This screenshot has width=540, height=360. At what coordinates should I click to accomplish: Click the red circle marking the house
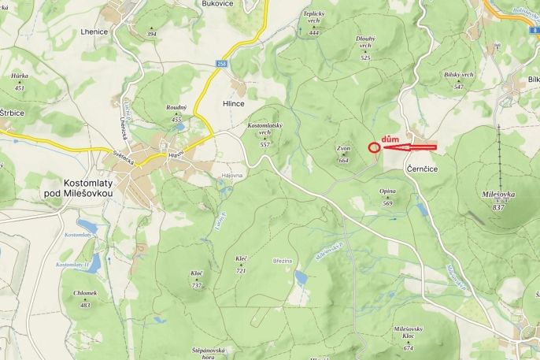[375, 147]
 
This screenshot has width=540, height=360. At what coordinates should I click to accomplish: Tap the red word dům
[390, 139]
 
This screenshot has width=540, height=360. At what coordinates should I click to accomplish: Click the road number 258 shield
[224, 65]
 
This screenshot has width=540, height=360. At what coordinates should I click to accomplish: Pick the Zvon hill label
[343, 148]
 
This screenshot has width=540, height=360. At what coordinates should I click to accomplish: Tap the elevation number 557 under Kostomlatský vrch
[264, 145]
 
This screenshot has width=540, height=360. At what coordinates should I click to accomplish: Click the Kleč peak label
[241, 258]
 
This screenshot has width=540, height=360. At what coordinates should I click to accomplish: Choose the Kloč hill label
[197, 273]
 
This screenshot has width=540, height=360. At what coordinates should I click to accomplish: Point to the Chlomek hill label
[85, 293]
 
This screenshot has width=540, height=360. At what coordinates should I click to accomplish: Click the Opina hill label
[387, 191]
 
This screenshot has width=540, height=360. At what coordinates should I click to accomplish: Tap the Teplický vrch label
[314, 17]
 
